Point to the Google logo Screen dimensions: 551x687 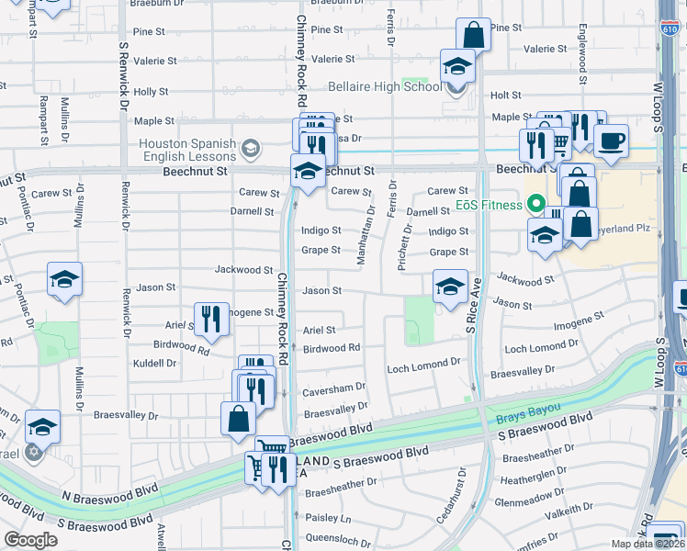(30, 540)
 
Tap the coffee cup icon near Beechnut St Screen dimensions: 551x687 (611, 140)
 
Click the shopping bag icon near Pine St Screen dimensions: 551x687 (473, 35)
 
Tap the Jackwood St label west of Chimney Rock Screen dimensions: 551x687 (243, 270)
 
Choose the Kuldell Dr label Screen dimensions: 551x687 (153, 363)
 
